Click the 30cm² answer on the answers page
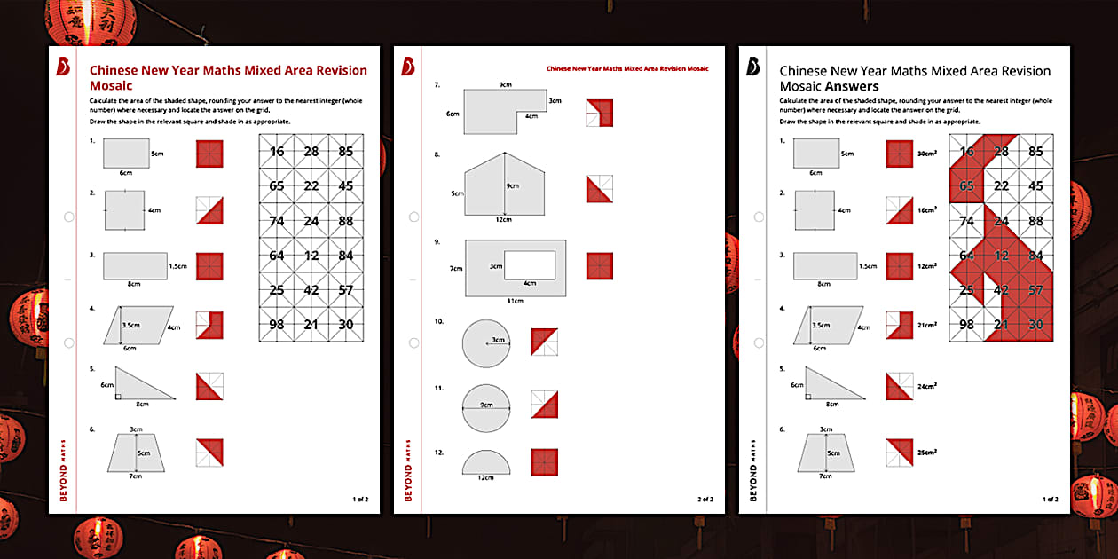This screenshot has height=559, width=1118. (x=927, y=154)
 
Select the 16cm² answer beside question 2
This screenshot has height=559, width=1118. (x=927, y=210)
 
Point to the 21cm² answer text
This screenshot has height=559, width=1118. (x=927, y=326)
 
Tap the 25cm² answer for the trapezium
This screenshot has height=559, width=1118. (x=927, y=453)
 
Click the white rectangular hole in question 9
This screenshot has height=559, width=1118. (x=530, y=264)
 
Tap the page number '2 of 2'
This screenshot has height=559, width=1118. (x=705, y=500)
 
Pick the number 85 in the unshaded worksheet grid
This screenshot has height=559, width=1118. (x=345, y=152)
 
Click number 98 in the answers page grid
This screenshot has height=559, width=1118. (x=967, y=325)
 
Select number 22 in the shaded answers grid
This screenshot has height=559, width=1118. (x=1001, y=186)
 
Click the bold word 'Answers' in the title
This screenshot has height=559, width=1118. (x=852, y=87)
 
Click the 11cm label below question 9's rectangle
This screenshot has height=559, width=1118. (x=515, y=302)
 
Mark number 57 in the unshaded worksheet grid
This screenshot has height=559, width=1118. (x=345, y=290)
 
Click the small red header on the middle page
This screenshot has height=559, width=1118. (x=627, y=68)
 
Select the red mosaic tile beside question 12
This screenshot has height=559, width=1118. (x=544, y=462)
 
